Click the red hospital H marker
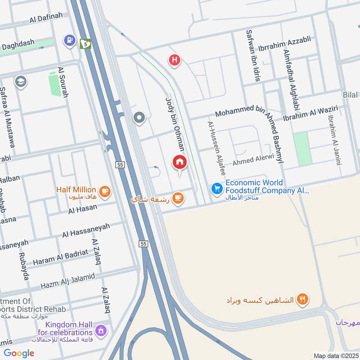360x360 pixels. (x=175, y=60)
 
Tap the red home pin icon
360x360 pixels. (x=180, y=162)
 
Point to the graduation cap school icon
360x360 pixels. (x=20, y=81)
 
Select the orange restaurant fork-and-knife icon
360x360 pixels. (x=302, y=299)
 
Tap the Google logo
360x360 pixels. (x=19, y=353)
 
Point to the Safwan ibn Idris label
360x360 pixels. (x=252, y=55)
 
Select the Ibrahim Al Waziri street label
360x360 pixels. (x=310, y=112)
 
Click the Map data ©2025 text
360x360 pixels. (x=336, y=355)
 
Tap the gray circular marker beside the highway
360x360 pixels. (x=139, y=118)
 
